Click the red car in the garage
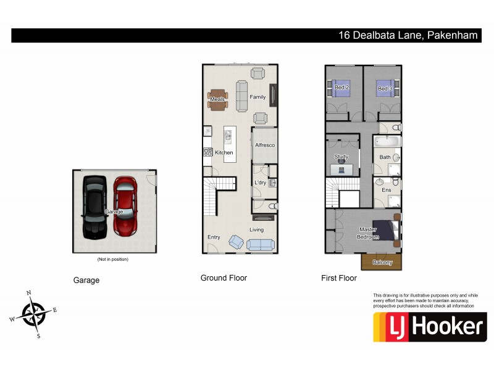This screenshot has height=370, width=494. [x=125, y=207]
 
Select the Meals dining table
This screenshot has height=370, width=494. [x=218, y=99]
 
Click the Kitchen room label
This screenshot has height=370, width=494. [x=224, y=152]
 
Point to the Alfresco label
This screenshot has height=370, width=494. [x=264, y=145]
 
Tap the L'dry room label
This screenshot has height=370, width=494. [x=260, y=183]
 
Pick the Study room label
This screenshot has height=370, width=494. [x=341, y=157]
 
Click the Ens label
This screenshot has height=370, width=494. [x=387, y=190]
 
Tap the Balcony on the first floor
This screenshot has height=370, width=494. [x=382, y=262]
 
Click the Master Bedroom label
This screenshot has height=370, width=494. [x=368, y=233]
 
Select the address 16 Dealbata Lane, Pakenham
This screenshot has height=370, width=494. [x=408, y=36]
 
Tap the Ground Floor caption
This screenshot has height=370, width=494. [x=224, y=278]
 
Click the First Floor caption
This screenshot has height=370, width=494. [x=339, y=278]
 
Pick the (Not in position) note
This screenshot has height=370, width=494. [x=113, y=260]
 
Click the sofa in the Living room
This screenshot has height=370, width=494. [x=261, y=244]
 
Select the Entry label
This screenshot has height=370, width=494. [x=214, y=237]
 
